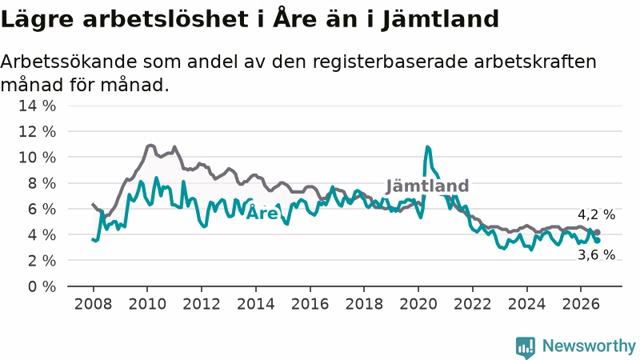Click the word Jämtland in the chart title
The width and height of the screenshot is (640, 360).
pos(441,19)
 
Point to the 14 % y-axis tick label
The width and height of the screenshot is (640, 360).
pos(37,106)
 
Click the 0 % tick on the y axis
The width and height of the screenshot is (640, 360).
pos(42,286)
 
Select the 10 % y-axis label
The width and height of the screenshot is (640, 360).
pos(37,157)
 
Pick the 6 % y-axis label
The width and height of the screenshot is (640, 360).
pos(42,209)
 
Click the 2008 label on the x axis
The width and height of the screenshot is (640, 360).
pos(93,304)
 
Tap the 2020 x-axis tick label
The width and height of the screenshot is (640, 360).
pos(418,304)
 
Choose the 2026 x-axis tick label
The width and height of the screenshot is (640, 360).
pos(581,304)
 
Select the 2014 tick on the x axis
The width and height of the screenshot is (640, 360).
pos(256,304)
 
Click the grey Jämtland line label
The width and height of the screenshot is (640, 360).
pos(427,186)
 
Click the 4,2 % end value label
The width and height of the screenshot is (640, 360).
pos(596,214)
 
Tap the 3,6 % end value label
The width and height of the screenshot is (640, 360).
pos(596,254)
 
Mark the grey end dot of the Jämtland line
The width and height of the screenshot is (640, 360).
pos(598,232)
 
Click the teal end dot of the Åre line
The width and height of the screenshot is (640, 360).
pos(598,241)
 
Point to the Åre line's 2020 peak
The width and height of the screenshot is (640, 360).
pos(427,146)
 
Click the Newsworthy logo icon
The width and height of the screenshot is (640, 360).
pos(526,347)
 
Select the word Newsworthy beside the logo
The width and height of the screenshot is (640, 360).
pos(589,346)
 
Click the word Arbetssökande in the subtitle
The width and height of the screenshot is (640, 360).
pos(69,62)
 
